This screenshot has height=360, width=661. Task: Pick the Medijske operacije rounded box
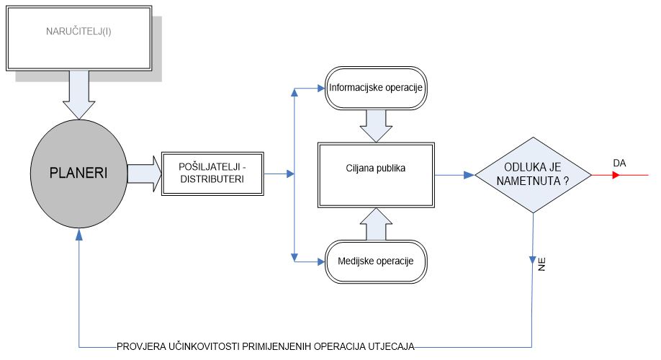375,259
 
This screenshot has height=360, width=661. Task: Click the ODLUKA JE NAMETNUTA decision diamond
533,174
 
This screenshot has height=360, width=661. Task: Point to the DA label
619,163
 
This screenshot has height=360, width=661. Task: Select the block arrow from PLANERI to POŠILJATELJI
144,175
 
